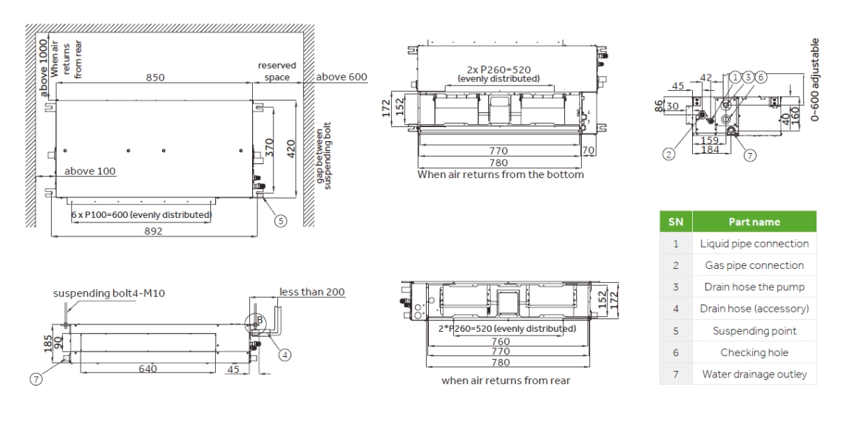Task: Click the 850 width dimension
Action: (155, 78)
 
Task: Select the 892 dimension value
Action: (153, 231)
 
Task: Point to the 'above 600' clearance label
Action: (342, 77)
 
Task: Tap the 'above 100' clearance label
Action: (89, 171)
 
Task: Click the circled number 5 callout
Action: (280, 219)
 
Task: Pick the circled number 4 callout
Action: (285, 354)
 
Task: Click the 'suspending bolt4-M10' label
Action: (109, 293)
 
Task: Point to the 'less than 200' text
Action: (311, 292)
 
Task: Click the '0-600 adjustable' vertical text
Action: (816, 79)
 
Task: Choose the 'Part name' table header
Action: (754, 222)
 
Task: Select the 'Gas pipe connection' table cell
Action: (754, 265)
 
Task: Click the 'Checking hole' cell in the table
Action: (754, 352)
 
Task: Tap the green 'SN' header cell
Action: (675, 222)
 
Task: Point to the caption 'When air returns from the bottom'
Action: (501, 175)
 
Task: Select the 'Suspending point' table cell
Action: (754, 331)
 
